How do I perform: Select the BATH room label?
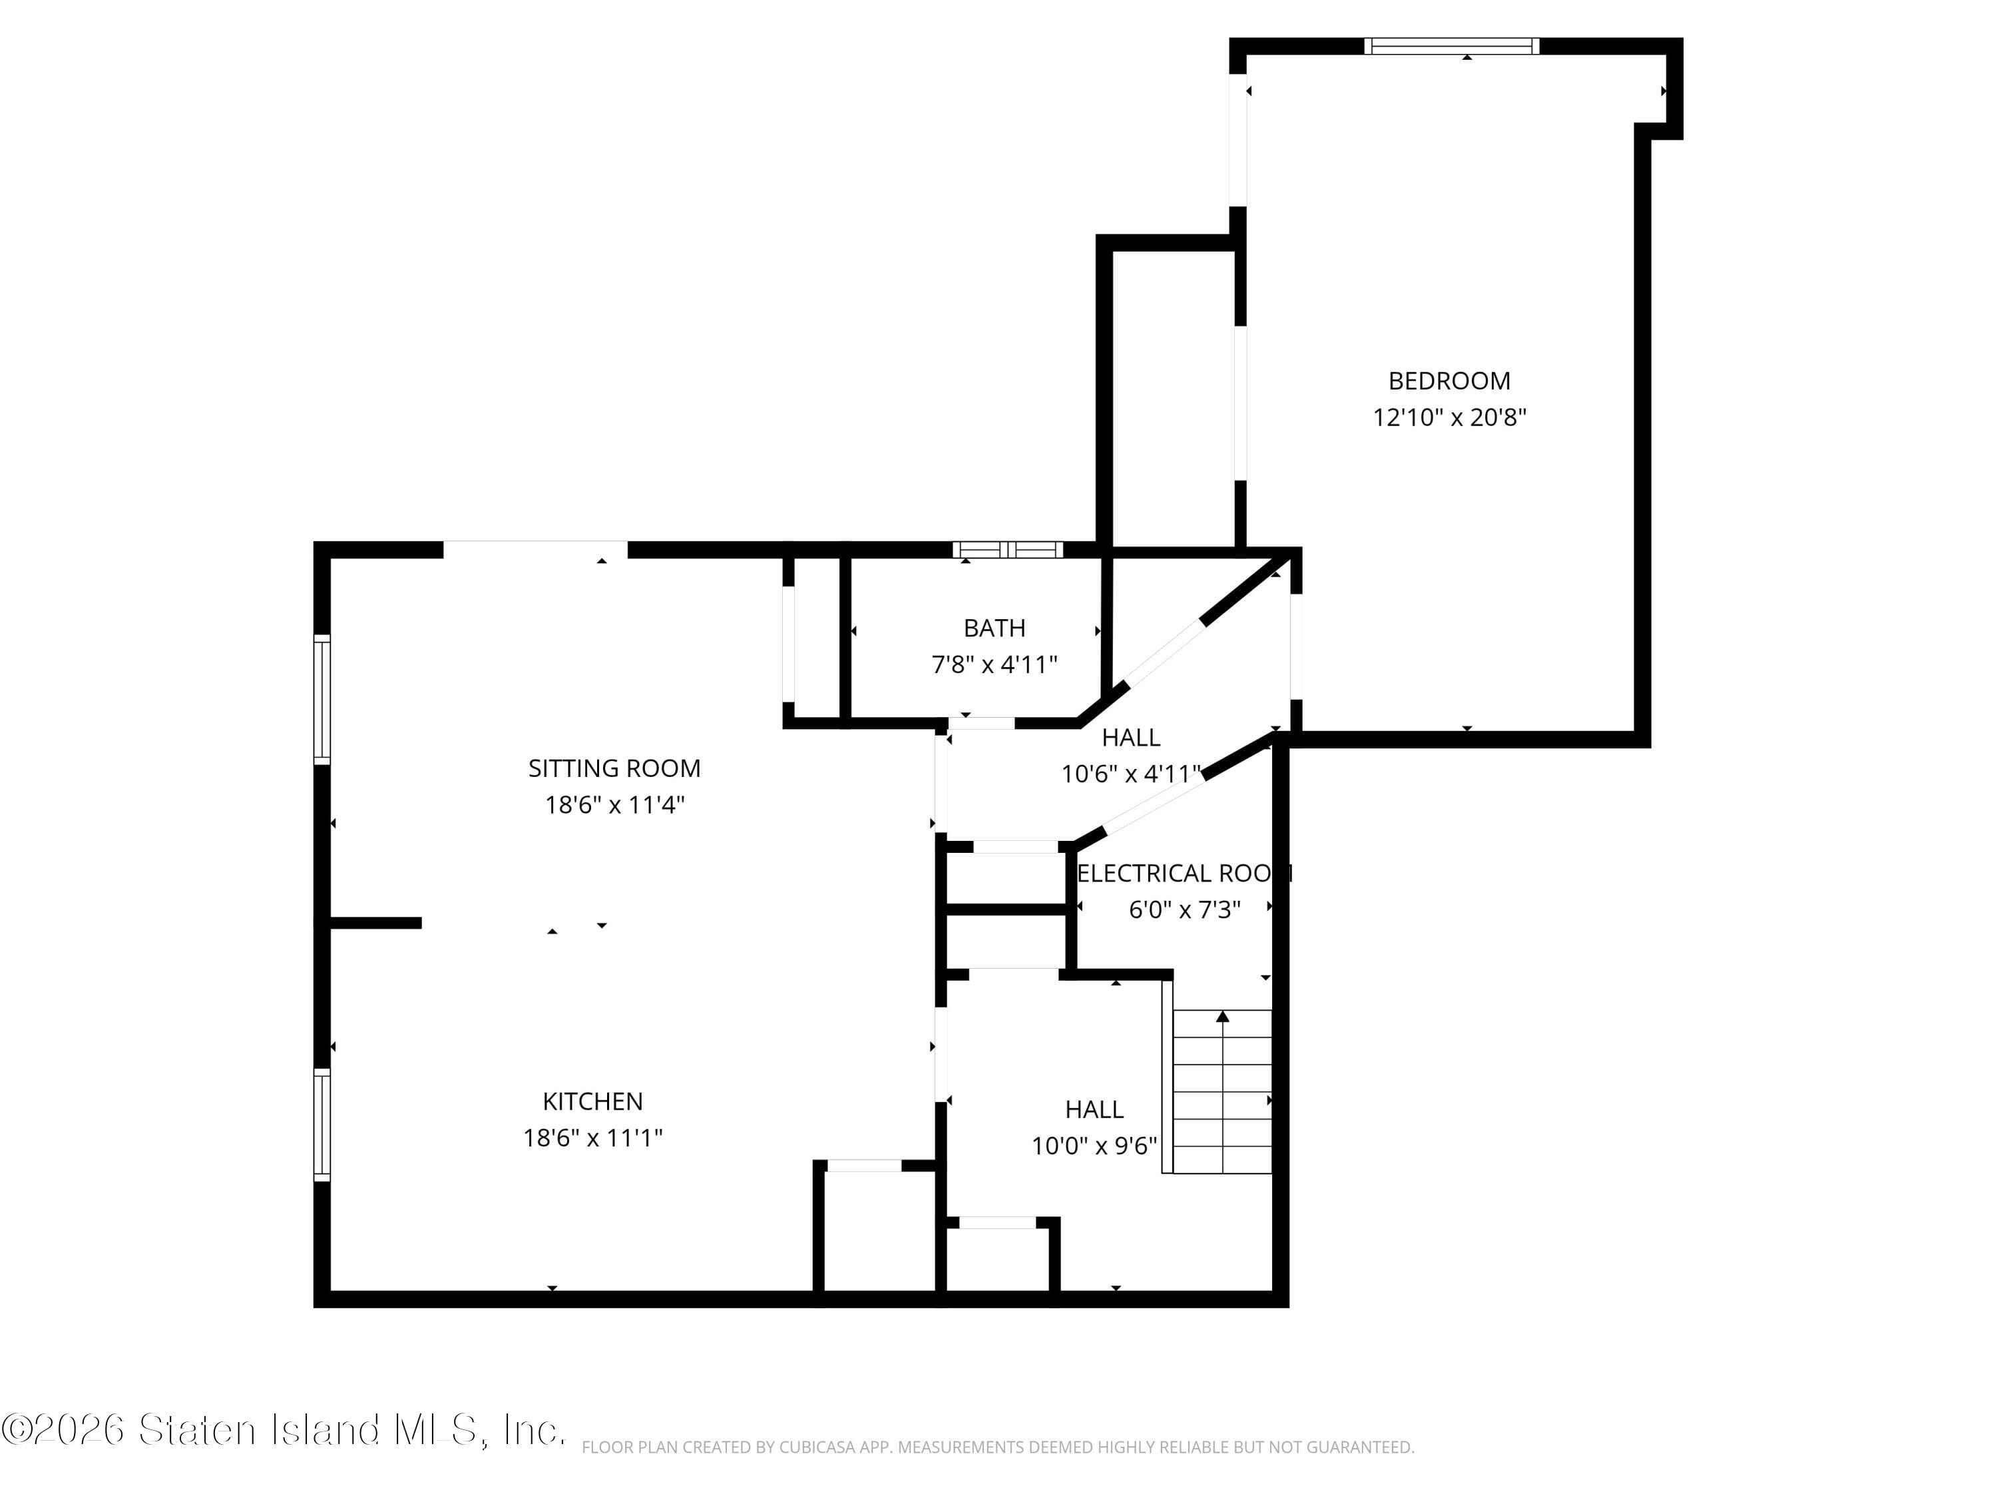994,628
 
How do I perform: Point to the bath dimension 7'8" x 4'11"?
994,664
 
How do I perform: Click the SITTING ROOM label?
614,768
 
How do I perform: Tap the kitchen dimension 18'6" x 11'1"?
592,1138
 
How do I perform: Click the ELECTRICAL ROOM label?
1184,873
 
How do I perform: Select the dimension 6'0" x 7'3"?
1184,909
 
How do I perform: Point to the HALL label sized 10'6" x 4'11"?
1130,738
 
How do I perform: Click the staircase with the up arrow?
1221,1092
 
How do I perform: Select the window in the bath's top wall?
1008,549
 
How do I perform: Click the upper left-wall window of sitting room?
322,700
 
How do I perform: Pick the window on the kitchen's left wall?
322,1124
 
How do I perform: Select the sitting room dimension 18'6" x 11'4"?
614,804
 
